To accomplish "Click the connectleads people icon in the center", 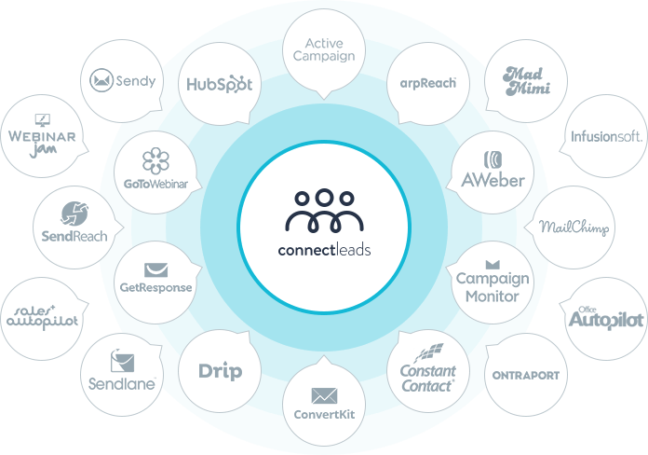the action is click(x=324, y=211).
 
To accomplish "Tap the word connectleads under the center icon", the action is click(x=324, y=250).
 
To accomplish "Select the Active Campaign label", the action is click(x=324, y=49).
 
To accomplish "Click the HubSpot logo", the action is click(x=220, y=84).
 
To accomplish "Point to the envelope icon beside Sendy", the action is click(x=101, y=80).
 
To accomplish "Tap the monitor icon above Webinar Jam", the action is click(x=42, y=120).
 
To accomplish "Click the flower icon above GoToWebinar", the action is click(x=155, y=160).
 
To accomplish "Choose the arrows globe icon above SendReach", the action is click(x=74, y=214).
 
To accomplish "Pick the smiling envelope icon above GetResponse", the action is click(x=155, y=270).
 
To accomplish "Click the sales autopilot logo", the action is click(x=42, y=318).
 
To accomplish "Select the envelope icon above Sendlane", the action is click(x=122, y=361).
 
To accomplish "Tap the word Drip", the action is click(x=221, y=371).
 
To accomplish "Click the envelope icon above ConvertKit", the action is click(x=324, y=396).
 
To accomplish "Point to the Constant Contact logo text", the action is click(x=428, y=378).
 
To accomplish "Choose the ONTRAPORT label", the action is click(x=526, y=375).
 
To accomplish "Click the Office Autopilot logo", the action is click(x=606, y=318).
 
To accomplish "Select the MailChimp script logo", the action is click(x=574, y=227).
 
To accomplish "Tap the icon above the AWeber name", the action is click(x=493, y=159).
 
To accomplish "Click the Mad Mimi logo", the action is click(x=526, y=81).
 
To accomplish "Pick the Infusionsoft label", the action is click(x=607, y=136).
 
